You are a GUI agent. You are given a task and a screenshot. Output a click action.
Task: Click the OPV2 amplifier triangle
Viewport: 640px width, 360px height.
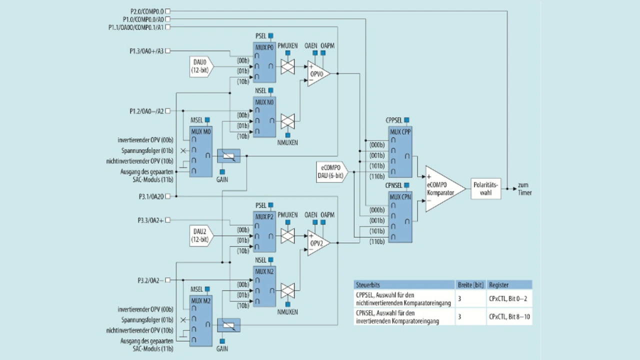point(317,243)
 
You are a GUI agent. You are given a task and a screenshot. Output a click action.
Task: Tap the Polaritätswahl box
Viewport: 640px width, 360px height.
point(485,188)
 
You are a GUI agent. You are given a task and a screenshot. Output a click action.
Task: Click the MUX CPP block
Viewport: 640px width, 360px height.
point(400,152)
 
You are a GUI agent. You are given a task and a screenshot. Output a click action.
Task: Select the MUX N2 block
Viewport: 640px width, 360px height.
point(264,287)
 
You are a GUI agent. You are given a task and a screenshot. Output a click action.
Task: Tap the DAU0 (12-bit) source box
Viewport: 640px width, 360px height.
point(202,66)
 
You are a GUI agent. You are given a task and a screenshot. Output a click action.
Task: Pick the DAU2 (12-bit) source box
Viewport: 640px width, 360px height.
point(202,234)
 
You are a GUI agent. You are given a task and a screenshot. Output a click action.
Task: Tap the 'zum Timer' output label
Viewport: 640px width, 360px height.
point(525,188)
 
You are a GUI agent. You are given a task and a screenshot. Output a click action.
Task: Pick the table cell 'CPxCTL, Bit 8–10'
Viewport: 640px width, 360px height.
point(509,316)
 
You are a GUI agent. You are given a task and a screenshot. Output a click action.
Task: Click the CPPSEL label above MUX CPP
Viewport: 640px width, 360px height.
point(394,120)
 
